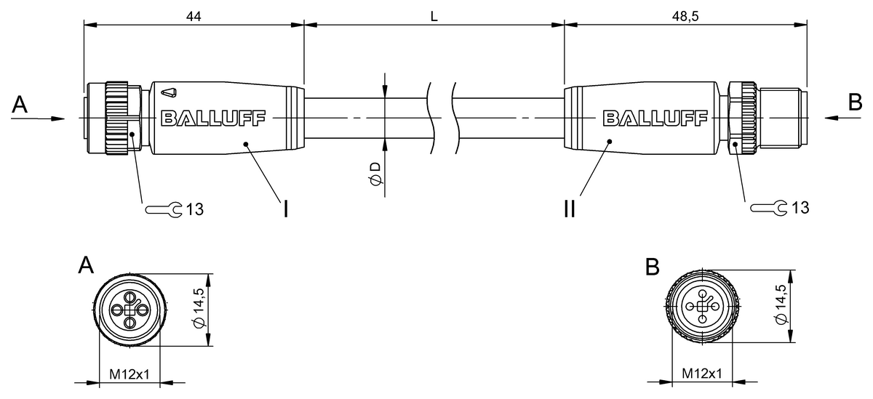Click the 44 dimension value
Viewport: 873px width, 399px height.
194,16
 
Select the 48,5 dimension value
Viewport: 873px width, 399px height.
685,16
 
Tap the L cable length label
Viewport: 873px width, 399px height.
434,16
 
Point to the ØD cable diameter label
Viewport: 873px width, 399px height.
375,174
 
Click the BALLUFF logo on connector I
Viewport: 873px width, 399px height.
212,118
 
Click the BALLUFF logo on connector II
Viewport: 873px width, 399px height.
655,118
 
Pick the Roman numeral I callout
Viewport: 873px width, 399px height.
286,209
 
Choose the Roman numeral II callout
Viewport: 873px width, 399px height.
570,209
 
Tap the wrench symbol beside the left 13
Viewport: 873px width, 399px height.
164,210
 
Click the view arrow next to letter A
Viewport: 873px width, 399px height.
37,118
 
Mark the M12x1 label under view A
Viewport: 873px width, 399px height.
129,374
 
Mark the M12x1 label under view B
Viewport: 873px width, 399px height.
702,374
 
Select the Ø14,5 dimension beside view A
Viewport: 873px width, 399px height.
199,308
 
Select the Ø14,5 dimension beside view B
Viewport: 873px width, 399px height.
781,305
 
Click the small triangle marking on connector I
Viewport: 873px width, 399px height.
169,92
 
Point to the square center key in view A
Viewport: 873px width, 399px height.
129,310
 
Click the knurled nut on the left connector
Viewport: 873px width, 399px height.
116,118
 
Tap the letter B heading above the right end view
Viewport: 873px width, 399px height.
653,267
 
